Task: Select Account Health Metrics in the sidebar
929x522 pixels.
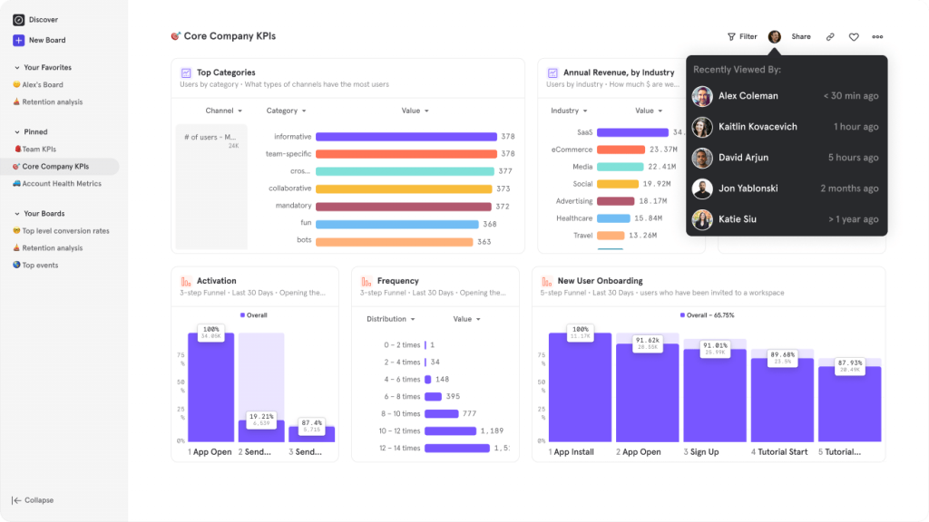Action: click(x=62, y=184)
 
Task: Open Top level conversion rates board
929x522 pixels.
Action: click(x=65, y=231)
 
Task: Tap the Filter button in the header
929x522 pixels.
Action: click(x=742, y=37)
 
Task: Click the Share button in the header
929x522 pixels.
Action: click(x=801, y=37)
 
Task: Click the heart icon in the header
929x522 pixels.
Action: click(x=854, y=37)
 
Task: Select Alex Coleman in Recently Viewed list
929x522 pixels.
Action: click(x=748, y=96)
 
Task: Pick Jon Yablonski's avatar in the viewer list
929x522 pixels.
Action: click(x=702, y=188)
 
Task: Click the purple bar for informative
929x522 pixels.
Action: click(x=406, y=137)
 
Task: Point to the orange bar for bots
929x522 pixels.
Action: click(x=394, y=242)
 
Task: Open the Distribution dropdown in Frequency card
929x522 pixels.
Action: click(x=391, y=319)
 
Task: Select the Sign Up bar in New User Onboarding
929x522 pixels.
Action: click(x=715, y=395)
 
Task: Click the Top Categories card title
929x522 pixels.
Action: click(x=226, y=72)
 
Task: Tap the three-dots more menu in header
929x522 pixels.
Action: click(x=877, y=37)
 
